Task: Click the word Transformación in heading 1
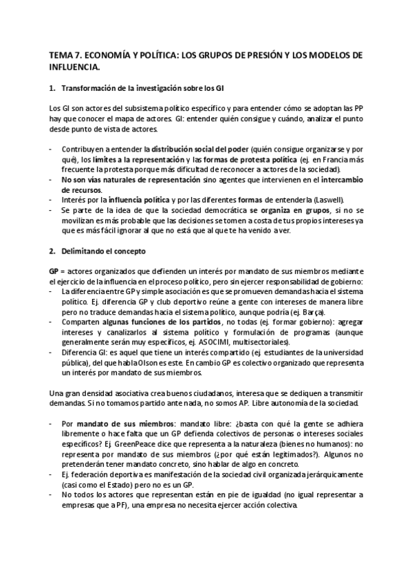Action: click(x=91, y=90)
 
